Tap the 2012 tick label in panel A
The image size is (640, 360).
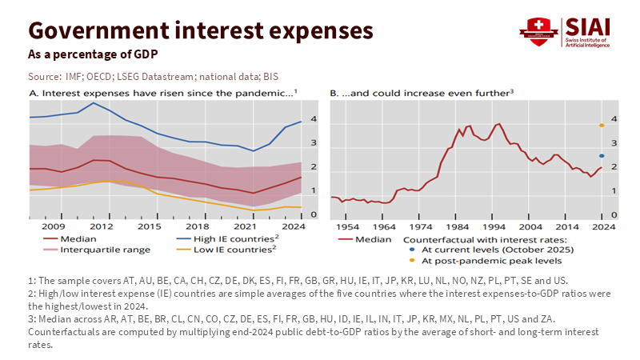click(x=101, y=227)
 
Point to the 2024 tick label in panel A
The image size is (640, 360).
click(x=291, y=227)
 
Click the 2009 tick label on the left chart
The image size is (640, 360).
click(x=53, y=227)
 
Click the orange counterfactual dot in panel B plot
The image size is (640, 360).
click(x=601, y=126)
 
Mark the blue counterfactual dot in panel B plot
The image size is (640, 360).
click(x=601, y=156)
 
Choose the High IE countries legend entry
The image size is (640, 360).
click(x=222, y=239)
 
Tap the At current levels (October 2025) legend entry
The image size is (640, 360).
click(x=488, y=250)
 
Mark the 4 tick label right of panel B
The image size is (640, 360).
click(x=613, y=119)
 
